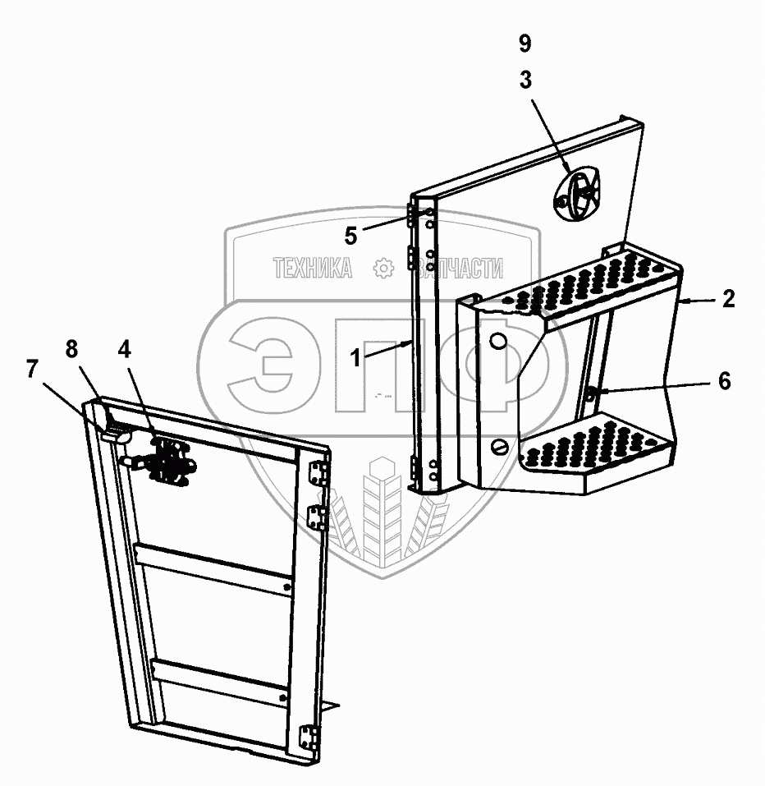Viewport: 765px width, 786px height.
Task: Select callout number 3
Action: click(x=525, y=80)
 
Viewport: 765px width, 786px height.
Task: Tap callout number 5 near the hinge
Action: click(x=351, y=236)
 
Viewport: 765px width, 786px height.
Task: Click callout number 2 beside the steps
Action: click(x=728, y=300)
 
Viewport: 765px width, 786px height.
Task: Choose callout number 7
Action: click(x=34, y=370)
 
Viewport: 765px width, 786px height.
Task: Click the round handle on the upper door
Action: click(x=579, y=193)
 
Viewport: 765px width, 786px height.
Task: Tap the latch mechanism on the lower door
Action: click(x=167, y=461)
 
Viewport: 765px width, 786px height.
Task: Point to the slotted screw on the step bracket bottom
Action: click(x=501, y=446)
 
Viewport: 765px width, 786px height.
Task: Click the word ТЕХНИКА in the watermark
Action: click(x=312, y=268)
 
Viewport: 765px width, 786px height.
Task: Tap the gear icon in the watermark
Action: click(x=382, y=268)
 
